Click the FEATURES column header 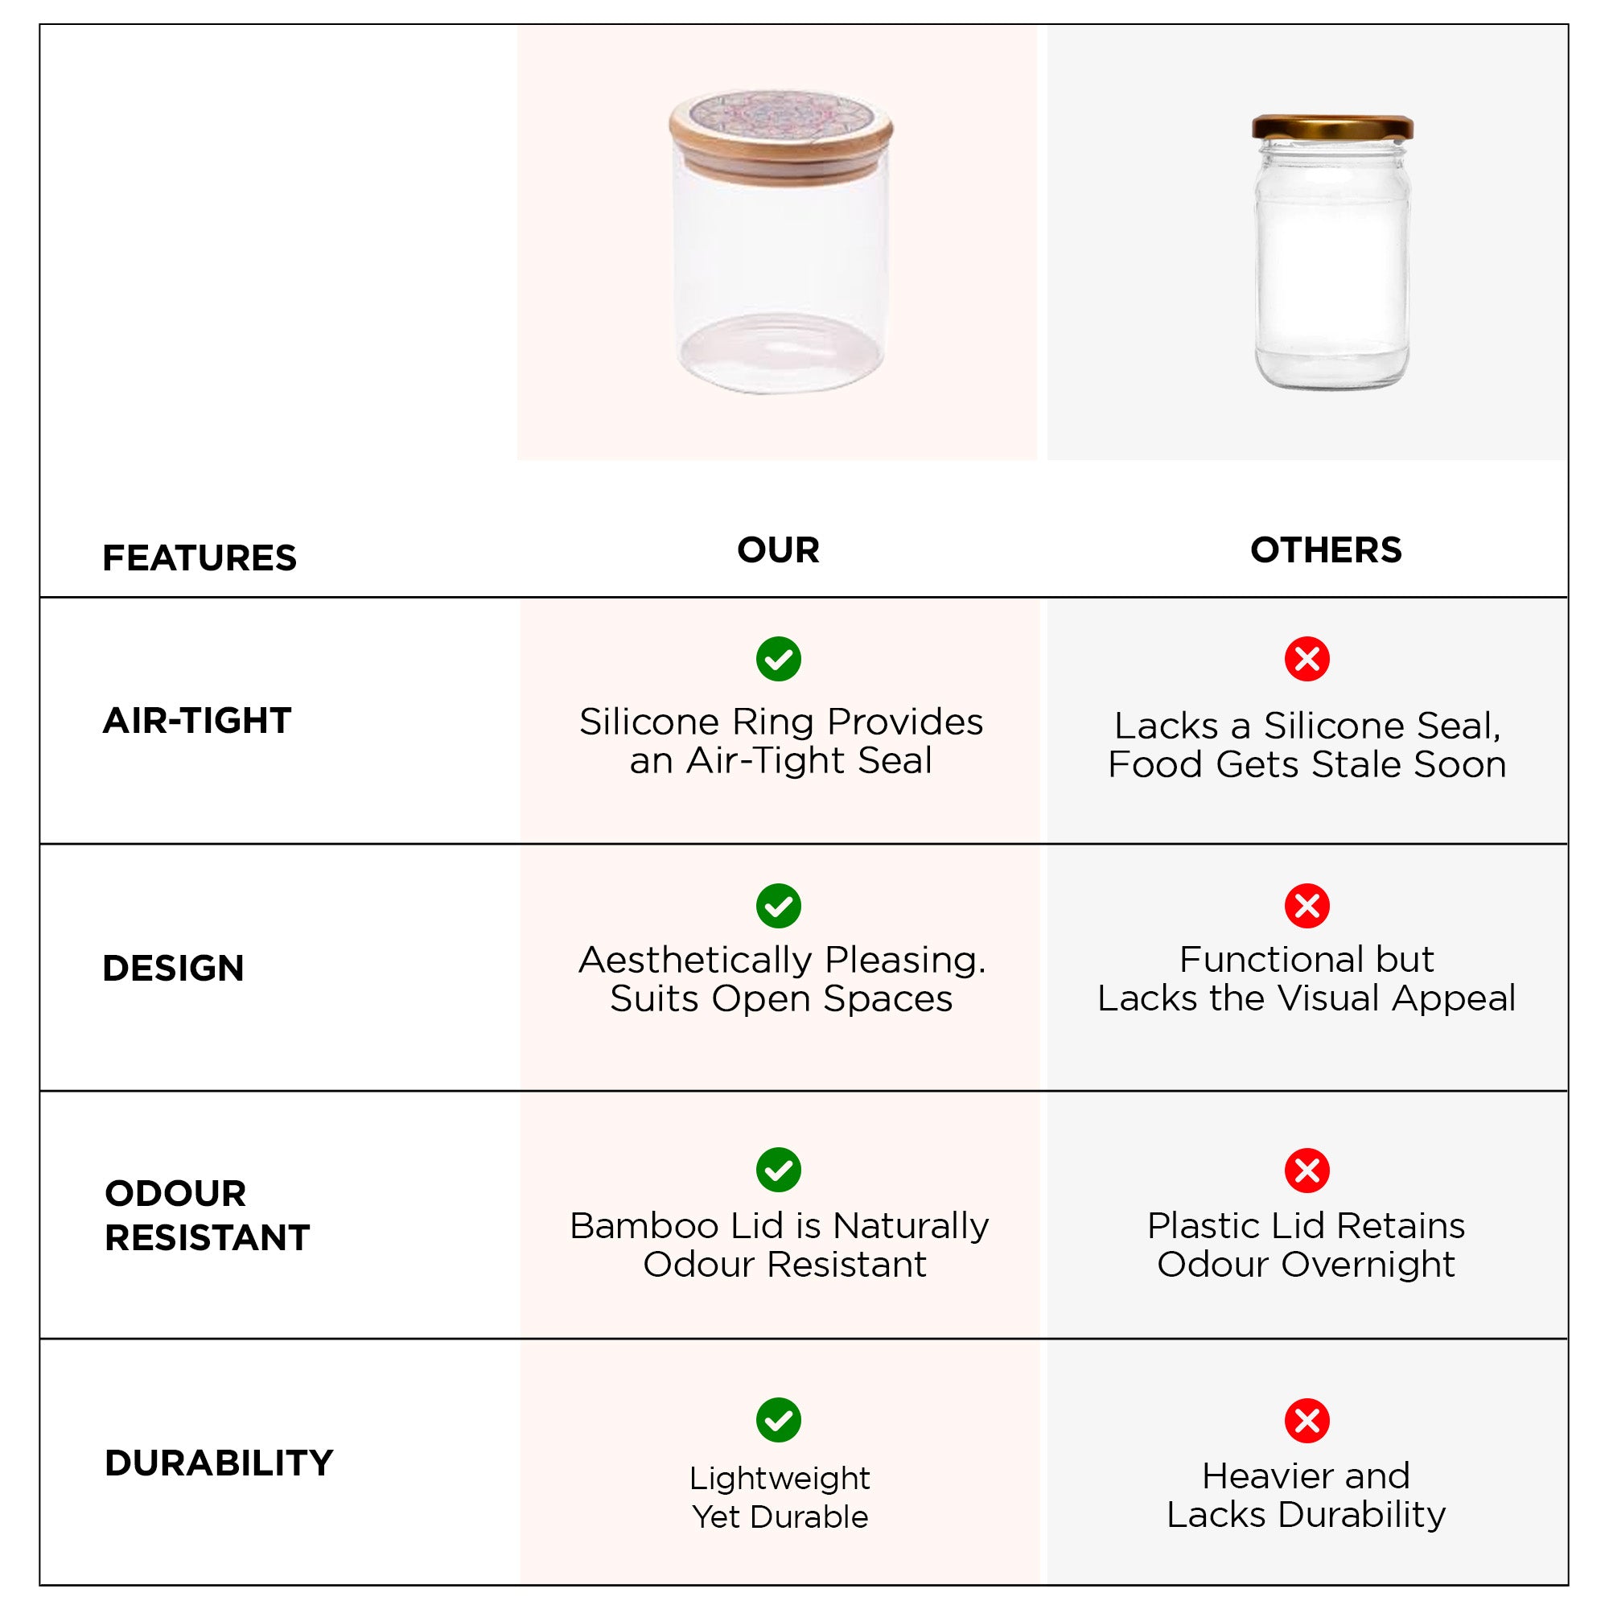(x=199, y=558)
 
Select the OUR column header (x=779, y=549)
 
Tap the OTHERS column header (x=1326, y=549)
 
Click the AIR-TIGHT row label (x=197, y=720)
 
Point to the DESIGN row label (x=173, y=968)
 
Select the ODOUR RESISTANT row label (x=208, y=1215)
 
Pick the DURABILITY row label (x=219, y=1463)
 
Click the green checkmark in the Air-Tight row (x=779, y=660)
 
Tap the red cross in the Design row (x=1307, y=906)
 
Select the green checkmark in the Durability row (x=779, y=1420)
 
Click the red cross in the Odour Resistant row (x=1307, y=1170)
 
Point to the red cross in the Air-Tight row (x=1307, y=660)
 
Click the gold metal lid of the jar (x=1332, y=126)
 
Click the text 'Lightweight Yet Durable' (x=780, y=1497)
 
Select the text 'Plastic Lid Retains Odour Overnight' (x=1306, y=1245)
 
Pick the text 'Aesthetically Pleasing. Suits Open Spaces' (x=782, y=978)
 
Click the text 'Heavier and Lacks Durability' (x=1306, y=1495)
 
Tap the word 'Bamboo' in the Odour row (x=644, y=1226)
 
